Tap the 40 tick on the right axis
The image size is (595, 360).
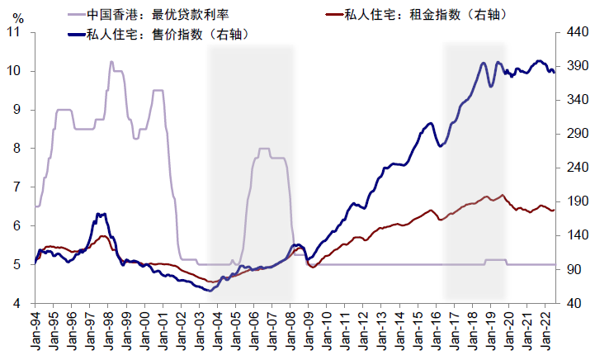tap(569, 303)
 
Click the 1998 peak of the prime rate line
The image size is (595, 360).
tap(111, 62)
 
